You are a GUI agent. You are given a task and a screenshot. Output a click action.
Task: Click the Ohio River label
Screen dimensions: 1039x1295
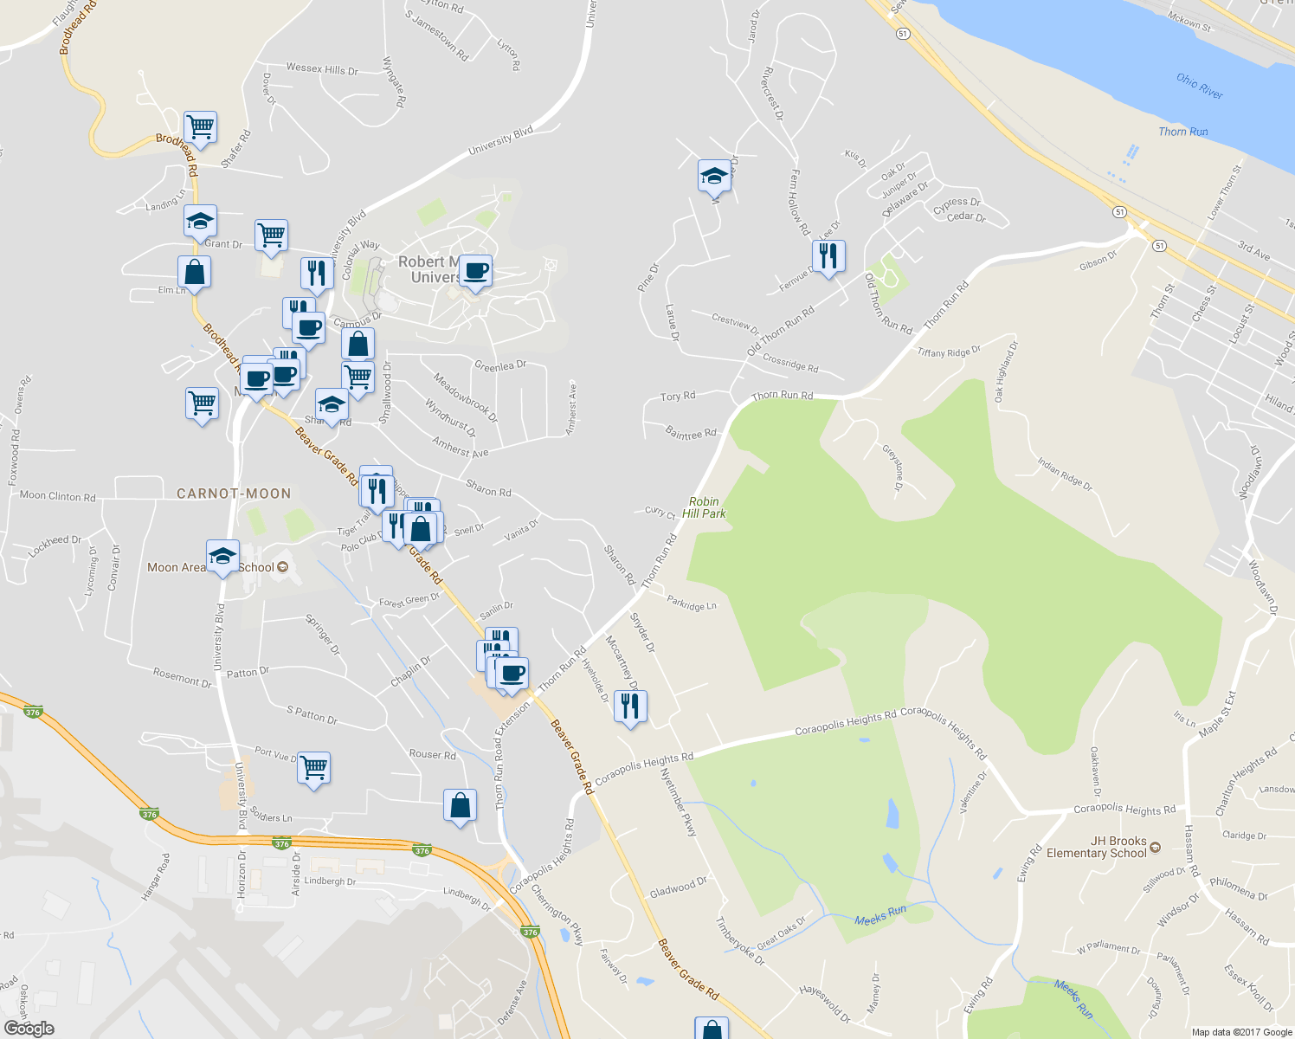(x=1200, y=87)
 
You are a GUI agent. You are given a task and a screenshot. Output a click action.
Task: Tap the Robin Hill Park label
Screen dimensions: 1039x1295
(x=704, y=507)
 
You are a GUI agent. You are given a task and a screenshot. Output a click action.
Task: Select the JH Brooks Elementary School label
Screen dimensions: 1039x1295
(x=1096, y=847)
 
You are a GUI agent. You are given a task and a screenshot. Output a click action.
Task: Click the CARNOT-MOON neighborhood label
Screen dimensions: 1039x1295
(x=234, y=494)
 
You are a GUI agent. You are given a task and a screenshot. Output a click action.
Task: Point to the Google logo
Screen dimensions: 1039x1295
(x=29, y=1028)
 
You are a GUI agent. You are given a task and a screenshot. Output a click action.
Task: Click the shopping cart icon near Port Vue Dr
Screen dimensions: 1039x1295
(x=313, y=767)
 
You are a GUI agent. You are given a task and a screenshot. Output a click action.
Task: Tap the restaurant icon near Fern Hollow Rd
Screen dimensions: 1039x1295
(x=828, y=255)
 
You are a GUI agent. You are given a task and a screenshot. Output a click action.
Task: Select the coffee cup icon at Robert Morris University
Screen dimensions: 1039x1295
(x=475, y=271)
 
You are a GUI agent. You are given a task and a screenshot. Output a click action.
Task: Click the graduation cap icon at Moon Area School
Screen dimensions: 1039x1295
(x=222, y=556)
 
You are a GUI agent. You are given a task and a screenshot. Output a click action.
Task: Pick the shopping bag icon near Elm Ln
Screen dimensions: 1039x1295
(x=195, y=272)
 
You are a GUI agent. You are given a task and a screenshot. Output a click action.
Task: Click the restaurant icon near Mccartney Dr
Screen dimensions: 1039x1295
(x=630, y=707)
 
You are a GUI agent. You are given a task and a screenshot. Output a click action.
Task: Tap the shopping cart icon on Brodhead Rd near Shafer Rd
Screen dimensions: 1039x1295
(x=200, y=127)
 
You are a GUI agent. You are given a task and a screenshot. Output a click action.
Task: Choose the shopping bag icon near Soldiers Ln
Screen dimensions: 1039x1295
(x=460, y=805)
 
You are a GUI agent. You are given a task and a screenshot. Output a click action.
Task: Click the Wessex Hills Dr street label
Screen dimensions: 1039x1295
(x=321, y=69)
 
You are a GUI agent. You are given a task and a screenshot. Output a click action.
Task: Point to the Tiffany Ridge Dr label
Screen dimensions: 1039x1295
(x=949, y=352)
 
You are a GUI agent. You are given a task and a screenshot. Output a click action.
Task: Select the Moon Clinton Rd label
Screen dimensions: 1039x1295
(x=57, y=496)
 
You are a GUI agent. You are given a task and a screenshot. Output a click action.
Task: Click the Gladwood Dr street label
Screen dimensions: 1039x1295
(x=678, y=887)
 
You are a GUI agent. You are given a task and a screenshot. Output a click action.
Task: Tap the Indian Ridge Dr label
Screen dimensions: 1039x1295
(x=1065, y=474)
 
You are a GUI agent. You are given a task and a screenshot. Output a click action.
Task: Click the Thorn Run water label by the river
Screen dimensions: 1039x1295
(x=1183, y=132)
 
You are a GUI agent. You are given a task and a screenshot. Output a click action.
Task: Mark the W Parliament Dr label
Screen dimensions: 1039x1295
(x=1108, y=949)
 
